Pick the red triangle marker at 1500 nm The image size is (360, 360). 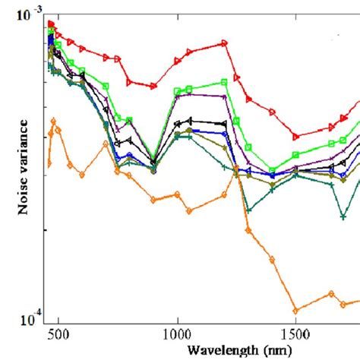click(x=296, y=137)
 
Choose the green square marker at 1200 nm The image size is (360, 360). click(x=224, y=82)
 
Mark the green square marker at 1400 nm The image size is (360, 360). click(x=272, y=171)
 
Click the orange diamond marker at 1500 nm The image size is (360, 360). click(x=295, y=310)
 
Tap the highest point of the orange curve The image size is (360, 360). click(x=53, y=120)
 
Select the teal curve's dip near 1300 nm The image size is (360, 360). click(x=248, y=210)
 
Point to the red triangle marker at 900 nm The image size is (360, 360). click(x=153, y=87)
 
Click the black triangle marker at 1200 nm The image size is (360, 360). click(x=223, y=124)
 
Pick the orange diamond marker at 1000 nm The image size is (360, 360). click(x=177, y=194)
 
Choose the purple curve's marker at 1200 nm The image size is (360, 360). click(x=224, y=95)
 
